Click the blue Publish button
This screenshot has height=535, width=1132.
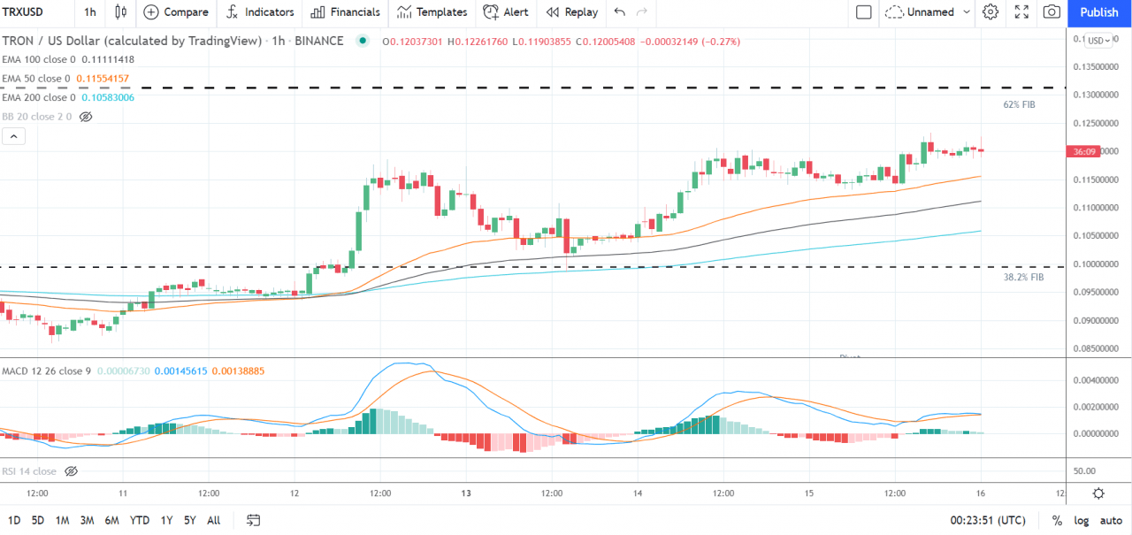coord(1099,12)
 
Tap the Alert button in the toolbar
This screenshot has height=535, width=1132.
coord(506,12)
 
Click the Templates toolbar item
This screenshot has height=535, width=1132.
coord(432,12)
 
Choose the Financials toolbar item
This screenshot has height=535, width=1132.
coord(345,12)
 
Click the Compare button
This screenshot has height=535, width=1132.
coord(176,12)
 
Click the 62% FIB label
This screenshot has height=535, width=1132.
coord(1019,104)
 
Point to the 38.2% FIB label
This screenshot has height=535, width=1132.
coord(1023,277)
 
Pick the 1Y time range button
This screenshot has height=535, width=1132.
coord(166,520)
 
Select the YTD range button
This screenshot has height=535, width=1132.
coord(139,520)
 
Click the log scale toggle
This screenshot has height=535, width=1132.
coord(1081,520)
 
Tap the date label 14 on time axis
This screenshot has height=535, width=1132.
coord(638,493)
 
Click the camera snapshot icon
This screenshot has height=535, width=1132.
coord(1052,12)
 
